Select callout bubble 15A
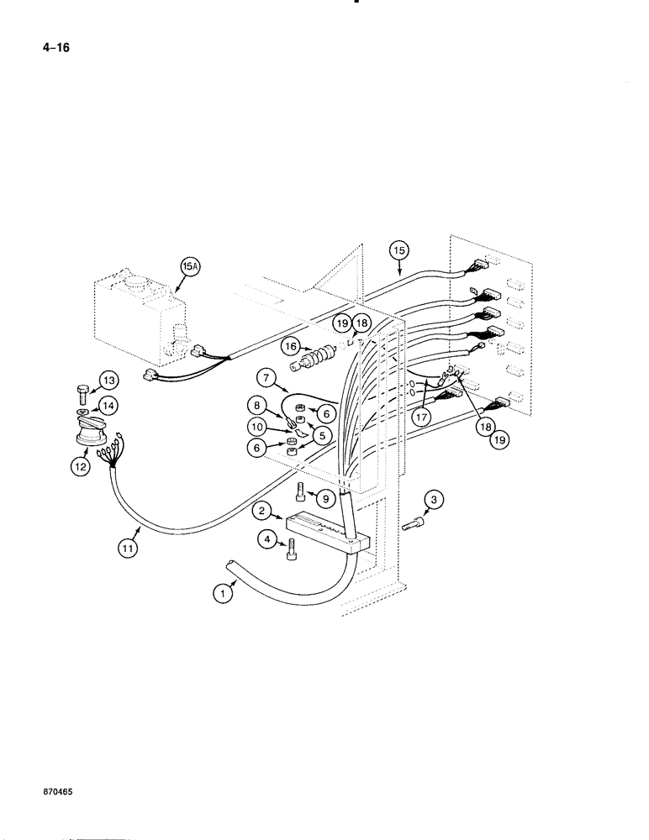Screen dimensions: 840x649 click(192, 268)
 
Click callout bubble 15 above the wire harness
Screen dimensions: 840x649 click(398, 250)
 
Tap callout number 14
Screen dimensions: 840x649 click(108, 406)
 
